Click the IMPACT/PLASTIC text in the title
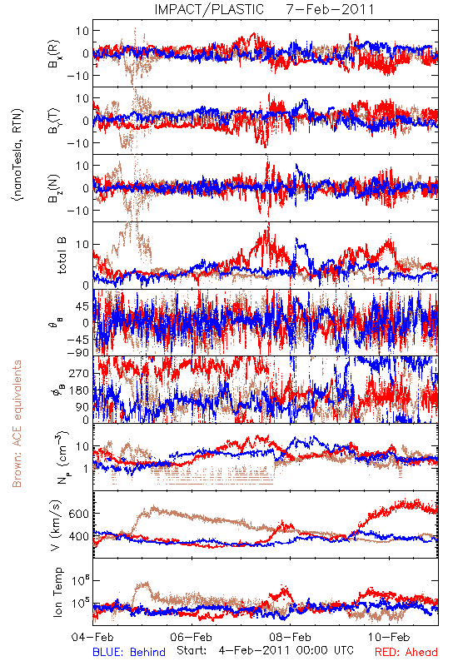tap(209, 9)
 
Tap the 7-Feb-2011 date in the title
tap(330, 9)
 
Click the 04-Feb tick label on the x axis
tap(92, 637)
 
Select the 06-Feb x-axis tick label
tap(192, 637)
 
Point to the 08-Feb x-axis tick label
tap(290, 637)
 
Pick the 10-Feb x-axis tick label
tap(389, 637)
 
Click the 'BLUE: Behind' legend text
tap(129, 652)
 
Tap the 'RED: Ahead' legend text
tap(406, 652)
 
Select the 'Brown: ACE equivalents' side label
tap(17, 424)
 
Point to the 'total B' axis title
tap(62, 256)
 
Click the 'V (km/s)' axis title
tap(56, 525)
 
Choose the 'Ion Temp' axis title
tap(57, 592)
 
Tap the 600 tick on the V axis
tap(79, 514)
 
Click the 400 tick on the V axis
tap(79, 536)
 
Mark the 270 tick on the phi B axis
tap(79, 373)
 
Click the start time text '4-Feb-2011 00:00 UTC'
tap(286, 651)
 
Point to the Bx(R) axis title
tap(54, 53)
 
